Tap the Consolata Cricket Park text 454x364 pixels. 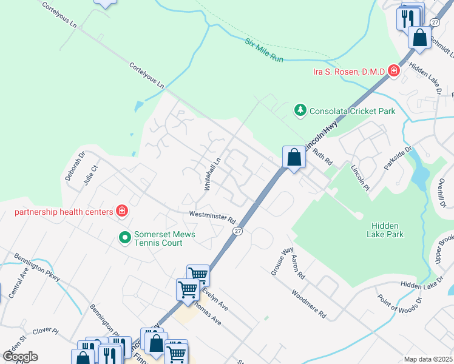coord(353,111)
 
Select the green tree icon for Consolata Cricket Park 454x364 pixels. coord(299,110)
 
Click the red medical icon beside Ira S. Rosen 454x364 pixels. coord(394,71)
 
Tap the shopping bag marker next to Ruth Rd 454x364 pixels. coord(294,158)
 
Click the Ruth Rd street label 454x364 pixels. coord(323,158)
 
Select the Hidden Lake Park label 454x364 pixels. coord(385,229)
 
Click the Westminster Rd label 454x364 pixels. coord(212,216)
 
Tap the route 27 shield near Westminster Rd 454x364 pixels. coord(238,231)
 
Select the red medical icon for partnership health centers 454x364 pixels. coord(122,211)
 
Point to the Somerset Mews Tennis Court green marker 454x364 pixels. coord(125,237)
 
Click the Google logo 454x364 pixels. coord(20,356)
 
